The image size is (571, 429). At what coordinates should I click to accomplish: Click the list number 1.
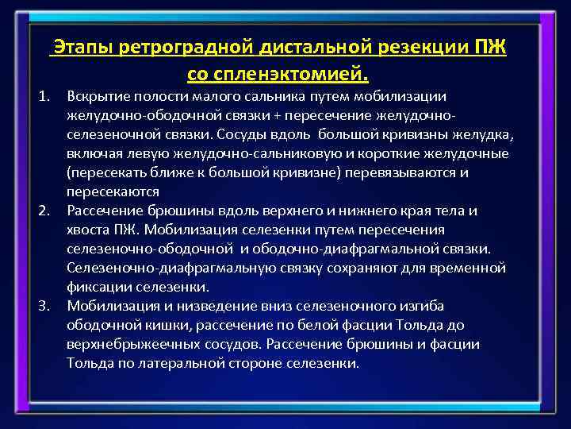pyautogui.click(x=45, y=96)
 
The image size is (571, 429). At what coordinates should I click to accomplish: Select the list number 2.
pyautogui.click(x=45, y=211)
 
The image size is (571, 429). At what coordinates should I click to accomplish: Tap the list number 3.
pyautogui.click(x=45, y=306)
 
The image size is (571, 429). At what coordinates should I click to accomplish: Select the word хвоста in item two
pyautogui.click(x=89, y=230)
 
